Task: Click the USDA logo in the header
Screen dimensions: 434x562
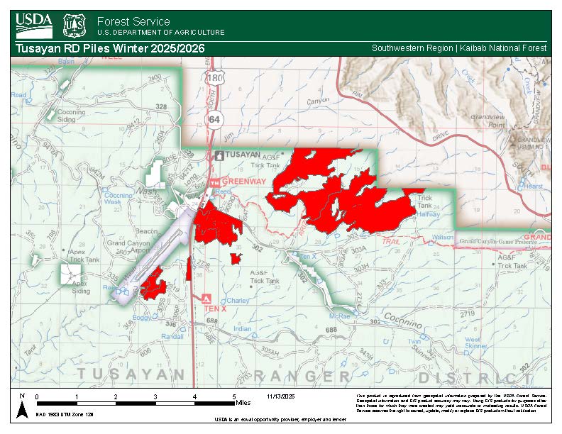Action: pos(33,25)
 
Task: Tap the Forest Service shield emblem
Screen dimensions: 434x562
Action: pos(75,25)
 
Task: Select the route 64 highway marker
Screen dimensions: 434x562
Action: pos(214,120)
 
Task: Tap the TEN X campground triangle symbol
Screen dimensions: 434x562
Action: pos(206,298)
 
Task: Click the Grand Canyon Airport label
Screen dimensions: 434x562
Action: pos(128,246)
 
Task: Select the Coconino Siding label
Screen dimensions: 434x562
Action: pos(71,116)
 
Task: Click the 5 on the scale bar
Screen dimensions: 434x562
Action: pos(234,396)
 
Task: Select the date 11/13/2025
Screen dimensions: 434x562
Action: pos(282,396)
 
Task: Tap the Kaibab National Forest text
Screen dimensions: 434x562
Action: pos(504,48)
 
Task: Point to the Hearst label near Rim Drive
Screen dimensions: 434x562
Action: pos(531,186)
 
